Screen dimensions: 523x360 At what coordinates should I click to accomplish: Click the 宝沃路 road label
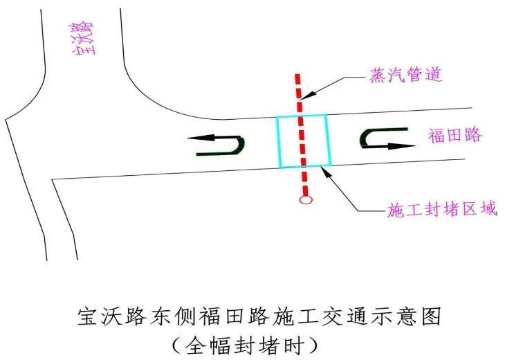tap(82, 38)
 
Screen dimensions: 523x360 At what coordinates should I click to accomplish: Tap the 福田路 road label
tap(455, 135)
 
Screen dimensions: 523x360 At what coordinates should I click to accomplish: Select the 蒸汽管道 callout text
tap(405, 74)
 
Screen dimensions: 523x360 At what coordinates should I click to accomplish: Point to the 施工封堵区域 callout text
tap(442, 209)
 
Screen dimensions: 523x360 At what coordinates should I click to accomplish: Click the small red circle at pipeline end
tap(306, 200)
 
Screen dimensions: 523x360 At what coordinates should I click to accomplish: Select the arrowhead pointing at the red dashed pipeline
tap(306, 95)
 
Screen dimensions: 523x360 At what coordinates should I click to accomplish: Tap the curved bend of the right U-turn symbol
tap(365, 138)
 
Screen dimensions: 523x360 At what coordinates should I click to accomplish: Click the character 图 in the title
tap(430, 316)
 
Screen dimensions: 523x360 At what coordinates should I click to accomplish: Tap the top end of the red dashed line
tap(297, 74)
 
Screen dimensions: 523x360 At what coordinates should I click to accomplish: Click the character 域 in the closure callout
tap(489, 209)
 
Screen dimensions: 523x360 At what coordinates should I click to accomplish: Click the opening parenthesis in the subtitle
tap(177, 345)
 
